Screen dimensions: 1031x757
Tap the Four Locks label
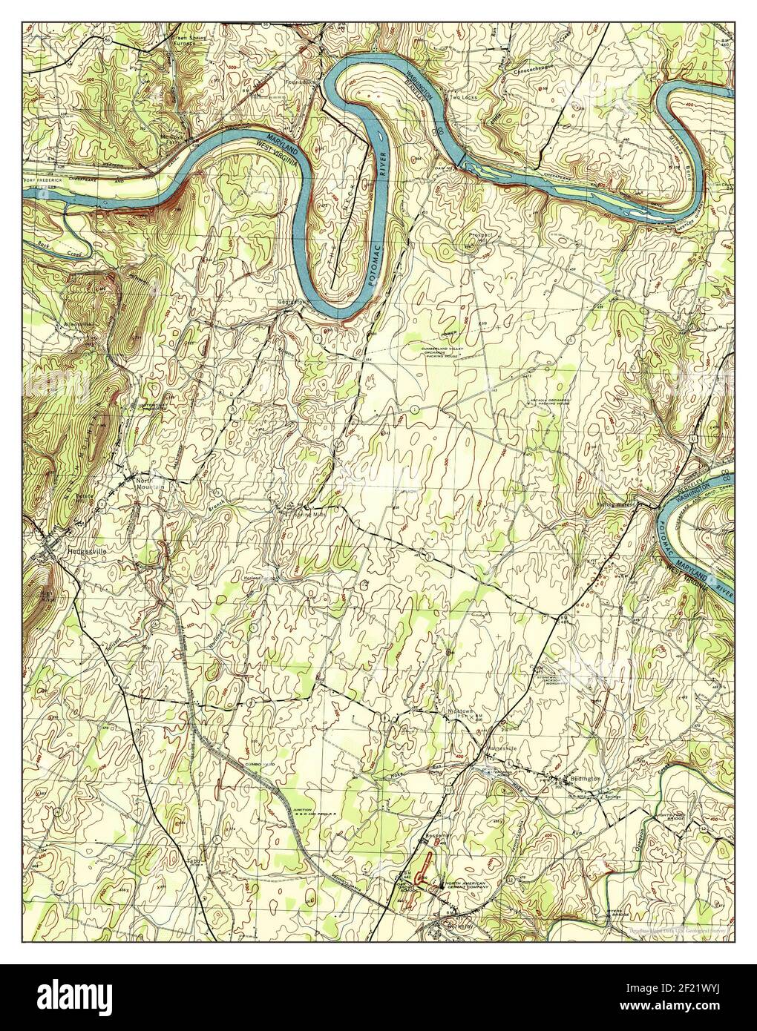point(302,82)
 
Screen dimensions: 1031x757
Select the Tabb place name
point(194,860)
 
